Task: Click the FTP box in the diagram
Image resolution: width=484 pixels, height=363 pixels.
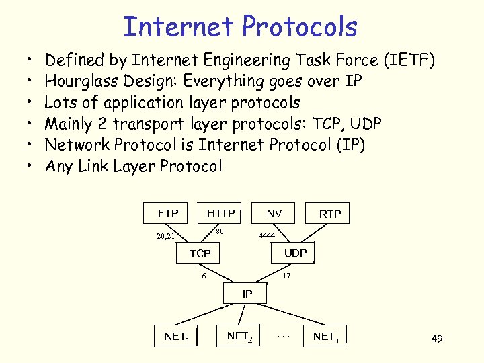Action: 168,213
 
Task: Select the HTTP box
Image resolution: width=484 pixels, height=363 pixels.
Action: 220,213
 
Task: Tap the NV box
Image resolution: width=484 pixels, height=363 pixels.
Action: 274,213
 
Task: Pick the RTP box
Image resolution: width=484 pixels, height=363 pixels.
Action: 330,214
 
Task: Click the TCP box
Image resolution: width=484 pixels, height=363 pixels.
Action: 200,253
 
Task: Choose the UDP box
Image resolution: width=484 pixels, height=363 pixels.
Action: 295,253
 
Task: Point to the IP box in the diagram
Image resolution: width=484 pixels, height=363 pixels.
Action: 247,294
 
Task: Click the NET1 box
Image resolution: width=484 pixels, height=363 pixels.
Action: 177,336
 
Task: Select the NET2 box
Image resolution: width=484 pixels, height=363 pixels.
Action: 239,335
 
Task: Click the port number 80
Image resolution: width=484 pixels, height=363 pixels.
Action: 219,232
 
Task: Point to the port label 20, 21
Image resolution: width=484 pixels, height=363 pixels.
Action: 165,236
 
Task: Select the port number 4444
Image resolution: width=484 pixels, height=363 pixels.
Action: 268,236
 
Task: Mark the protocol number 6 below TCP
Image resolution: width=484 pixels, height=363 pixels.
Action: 204,275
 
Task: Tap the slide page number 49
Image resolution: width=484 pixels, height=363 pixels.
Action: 436,339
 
